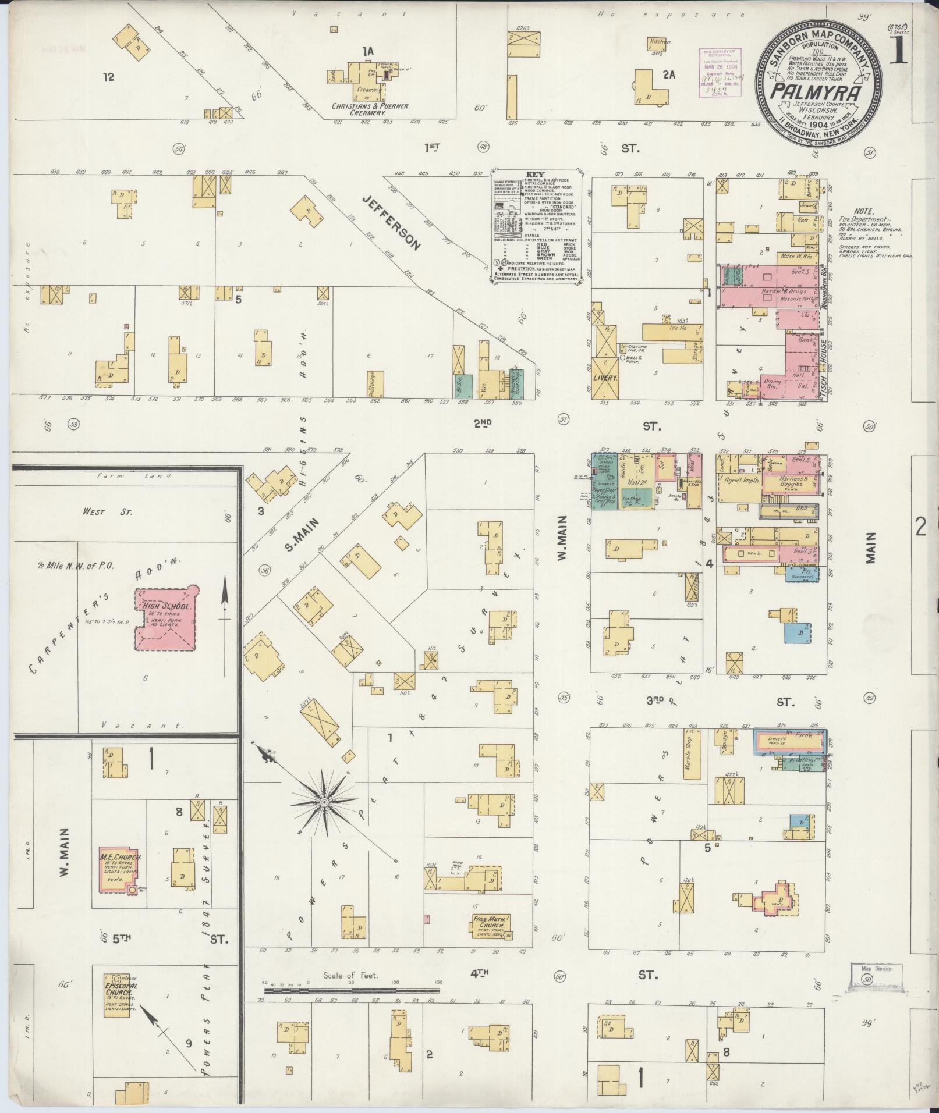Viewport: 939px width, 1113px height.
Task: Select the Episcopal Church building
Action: click(x=121, y=995)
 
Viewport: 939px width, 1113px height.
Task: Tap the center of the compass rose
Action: click(x=323, y=803)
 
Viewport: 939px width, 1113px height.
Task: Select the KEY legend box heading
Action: click(x=534, y=173)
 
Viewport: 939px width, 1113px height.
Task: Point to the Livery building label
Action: click(x=605, y=377)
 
